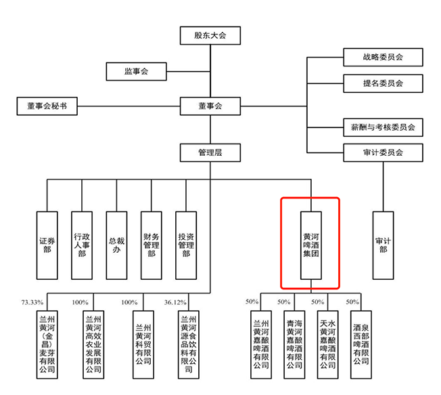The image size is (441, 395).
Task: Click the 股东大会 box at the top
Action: click(x=210, y=35)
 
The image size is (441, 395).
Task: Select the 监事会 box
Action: click(x=137, y=71)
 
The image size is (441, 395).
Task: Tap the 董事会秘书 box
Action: click(x=47, y=106)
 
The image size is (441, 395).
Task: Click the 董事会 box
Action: click(x=210, y=106)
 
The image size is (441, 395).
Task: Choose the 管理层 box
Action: click(x=210, y=152)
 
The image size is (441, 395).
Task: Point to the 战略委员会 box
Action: click(x=383, y=57)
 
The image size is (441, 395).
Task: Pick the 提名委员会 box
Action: click(x=383, y=83)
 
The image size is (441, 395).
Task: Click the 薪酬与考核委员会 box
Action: click(x=383, y=127)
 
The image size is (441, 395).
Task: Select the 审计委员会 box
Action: click(x=383, y=152)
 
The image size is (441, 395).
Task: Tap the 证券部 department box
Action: click(x=47, y=245)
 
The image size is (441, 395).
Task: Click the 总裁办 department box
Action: click(x=116, y=245)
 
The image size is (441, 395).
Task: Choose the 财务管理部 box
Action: click(x=152, y=245)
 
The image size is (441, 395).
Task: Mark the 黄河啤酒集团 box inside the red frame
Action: click(x=311, y=245)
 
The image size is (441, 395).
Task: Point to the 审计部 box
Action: click(x=383, y=245)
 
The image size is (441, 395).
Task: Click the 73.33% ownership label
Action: click(x=32, y=302)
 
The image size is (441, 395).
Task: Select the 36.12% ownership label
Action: click(x=175, y=302)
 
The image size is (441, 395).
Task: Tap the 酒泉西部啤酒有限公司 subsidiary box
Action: click(x=361, y=345)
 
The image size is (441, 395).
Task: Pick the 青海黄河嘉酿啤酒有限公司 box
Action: click(x=294, y=345)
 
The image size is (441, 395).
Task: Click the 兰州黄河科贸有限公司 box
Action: click(x=143, y=345)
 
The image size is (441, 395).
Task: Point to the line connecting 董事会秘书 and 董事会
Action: click(x=129, y=106)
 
